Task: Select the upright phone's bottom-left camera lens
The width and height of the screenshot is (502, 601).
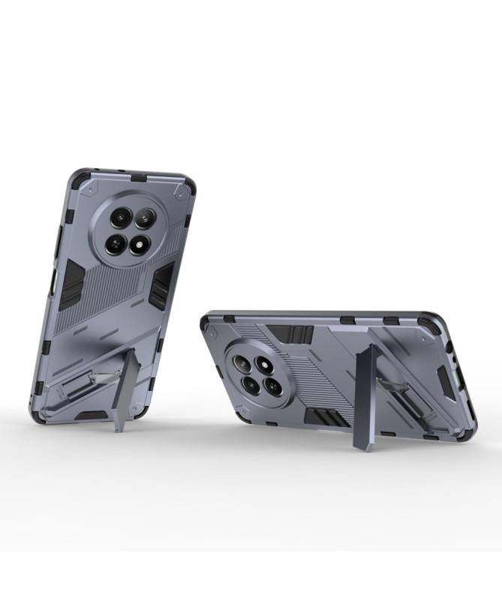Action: pyautogui.click(x=116, y=241)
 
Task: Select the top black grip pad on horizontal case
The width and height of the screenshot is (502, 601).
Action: pyautogui.click(x=292, y=334)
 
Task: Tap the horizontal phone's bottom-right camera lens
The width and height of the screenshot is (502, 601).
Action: pyautogui.click(x=273, y=386)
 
